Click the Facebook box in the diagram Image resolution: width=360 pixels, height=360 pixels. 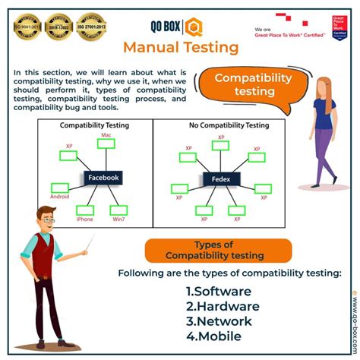pos(103,178)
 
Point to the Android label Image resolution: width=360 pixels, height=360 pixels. pos(61,194)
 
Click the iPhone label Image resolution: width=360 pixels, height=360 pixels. pos(85,219)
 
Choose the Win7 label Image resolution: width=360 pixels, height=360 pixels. pos(120,219)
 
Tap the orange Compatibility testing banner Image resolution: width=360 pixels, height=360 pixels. pos(253,84)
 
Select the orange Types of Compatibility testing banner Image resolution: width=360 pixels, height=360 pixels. pos(204,250)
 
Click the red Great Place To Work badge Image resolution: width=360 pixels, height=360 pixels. pos(339,27)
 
